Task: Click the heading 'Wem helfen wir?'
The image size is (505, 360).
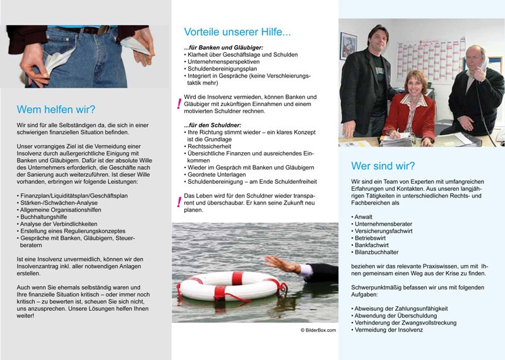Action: (x=56, y=109)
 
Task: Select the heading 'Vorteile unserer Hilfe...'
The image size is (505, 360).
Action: (x=237, y=32)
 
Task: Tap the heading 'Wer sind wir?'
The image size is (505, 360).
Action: (x=383, y=167)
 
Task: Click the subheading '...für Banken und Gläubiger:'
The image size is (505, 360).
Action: (x=223, y=48)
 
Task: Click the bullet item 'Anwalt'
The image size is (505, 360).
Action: (x=364, y=217)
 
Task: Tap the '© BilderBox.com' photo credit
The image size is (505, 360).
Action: (x=318, y=330)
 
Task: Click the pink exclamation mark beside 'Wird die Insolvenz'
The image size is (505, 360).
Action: (x=179, y=101)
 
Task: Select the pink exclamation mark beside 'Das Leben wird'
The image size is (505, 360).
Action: (x=179, y=202)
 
